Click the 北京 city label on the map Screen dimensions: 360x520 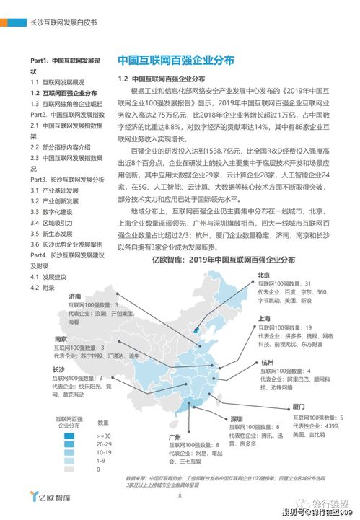click(263, 275)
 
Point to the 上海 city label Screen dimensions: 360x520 click(263, 318)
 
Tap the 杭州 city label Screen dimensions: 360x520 click(268, 361)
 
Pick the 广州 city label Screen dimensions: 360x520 click(174, 437)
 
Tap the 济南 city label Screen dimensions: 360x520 click(75, 296)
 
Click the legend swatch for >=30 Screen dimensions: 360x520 click(69, 436)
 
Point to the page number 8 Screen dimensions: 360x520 click(180, 495)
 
